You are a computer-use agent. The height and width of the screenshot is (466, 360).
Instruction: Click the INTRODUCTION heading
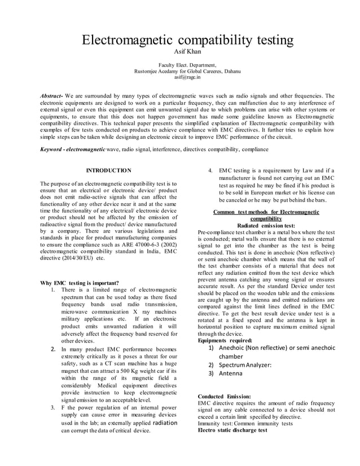coord(108,170)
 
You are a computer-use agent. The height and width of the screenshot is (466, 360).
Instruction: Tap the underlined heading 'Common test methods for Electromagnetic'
coord(266,212)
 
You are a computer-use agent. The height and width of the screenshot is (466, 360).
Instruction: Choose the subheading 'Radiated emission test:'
coord(266,225)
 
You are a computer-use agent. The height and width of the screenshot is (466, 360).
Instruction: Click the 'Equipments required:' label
coord(225,341)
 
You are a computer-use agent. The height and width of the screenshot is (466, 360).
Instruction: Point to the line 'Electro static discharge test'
coord(232,430)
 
